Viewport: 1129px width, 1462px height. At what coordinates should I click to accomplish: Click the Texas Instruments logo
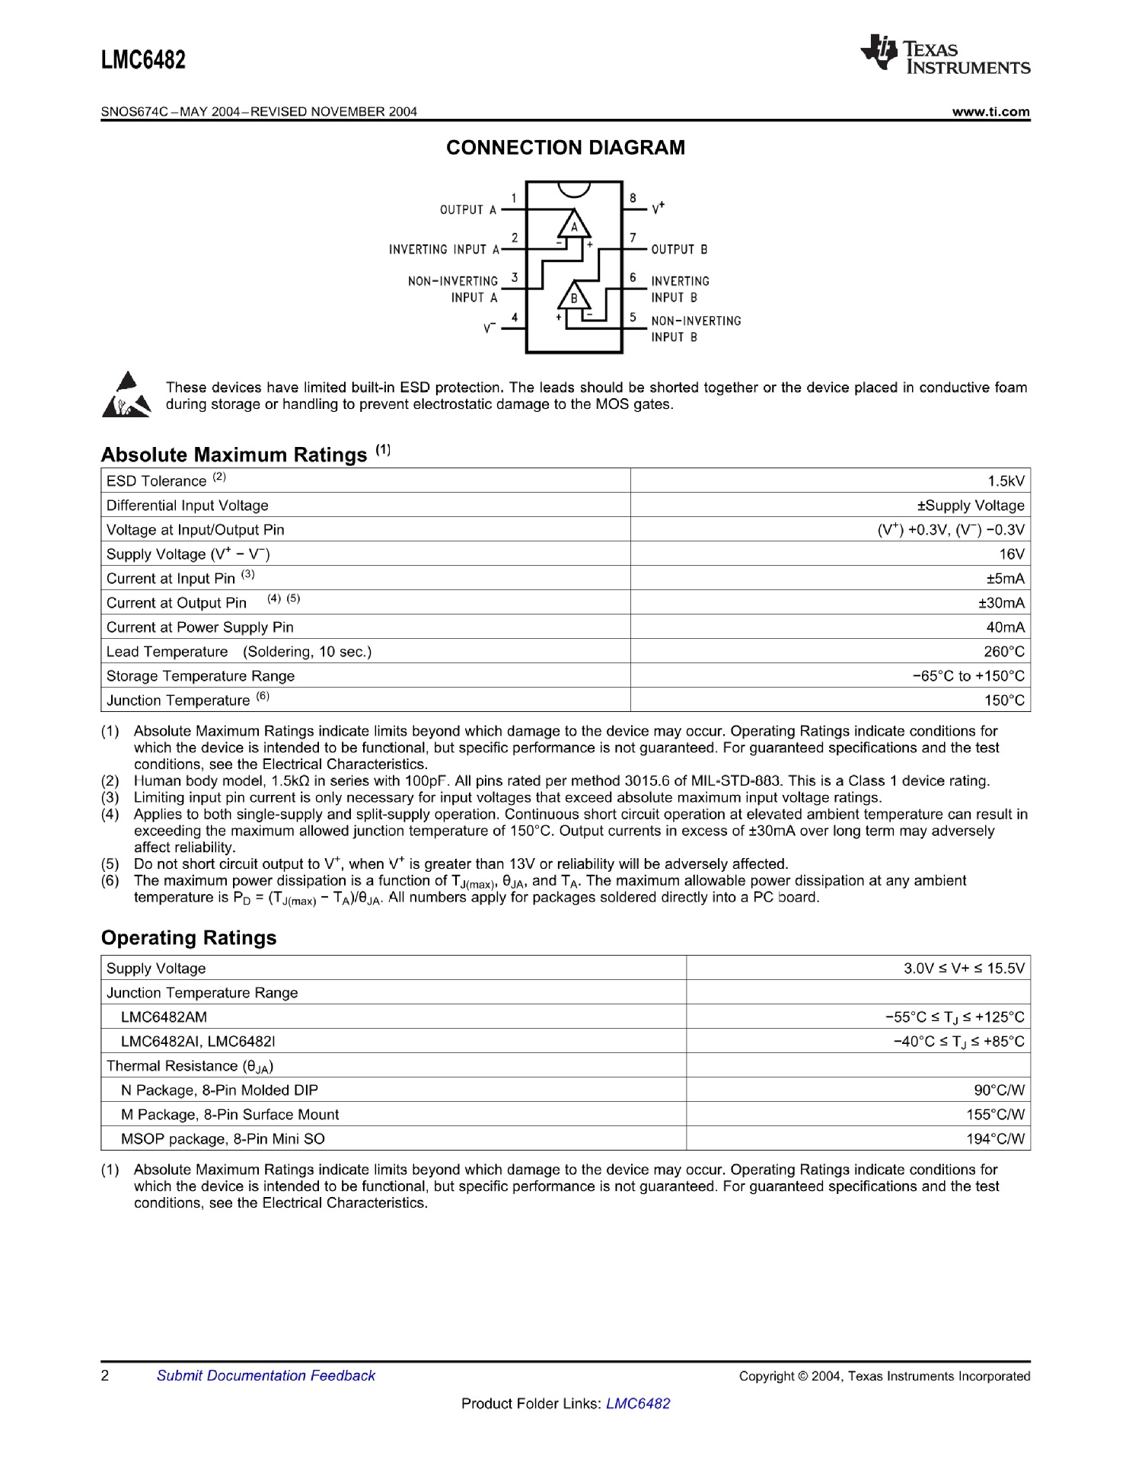(945, 55)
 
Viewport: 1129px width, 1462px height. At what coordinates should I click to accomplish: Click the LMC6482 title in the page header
(143, 60)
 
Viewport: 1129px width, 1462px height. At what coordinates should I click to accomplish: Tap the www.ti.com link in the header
(990, 112)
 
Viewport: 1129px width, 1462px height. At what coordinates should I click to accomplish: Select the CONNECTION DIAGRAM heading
(565, 148)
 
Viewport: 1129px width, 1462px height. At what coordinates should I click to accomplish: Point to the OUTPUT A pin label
(467, 210)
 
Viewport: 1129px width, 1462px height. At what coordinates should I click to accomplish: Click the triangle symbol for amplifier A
(574, 225)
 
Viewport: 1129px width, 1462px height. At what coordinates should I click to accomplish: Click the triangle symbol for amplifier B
(574, 296)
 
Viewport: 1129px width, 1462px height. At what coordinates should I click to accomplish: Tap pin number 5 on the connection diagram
(633, 317)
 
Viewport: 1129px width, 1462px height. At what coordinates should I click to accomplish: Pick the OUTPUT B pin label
(679, 250)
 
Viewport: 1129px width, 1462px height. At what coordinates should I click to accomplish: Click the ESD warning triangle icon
(126, 395)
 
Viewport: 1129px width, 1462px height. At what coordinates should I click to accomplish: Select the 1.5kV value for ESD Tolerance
(1006, 481)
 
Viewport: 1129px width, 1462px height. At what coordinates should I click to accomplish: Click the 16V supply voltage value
(1012, 554)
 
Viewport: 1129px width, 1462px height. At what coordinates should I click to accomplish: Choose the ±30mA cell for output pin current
(1001, 603)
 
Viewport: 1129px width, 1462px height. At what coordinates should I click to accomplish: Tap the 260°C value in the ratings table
(1004, 652)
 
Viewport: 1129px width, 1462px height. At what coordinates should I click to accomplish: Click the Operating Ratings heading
(189, 938)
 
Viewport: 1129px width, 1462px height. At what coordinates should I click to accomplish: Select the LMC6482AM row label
(164, 1017)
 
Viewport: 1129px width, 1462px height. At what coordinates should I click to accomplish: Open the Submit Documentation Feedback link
(266, 1376)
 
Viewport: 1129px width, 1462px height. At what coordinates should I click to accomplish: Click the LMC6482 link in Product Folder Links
(638, 1404)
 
